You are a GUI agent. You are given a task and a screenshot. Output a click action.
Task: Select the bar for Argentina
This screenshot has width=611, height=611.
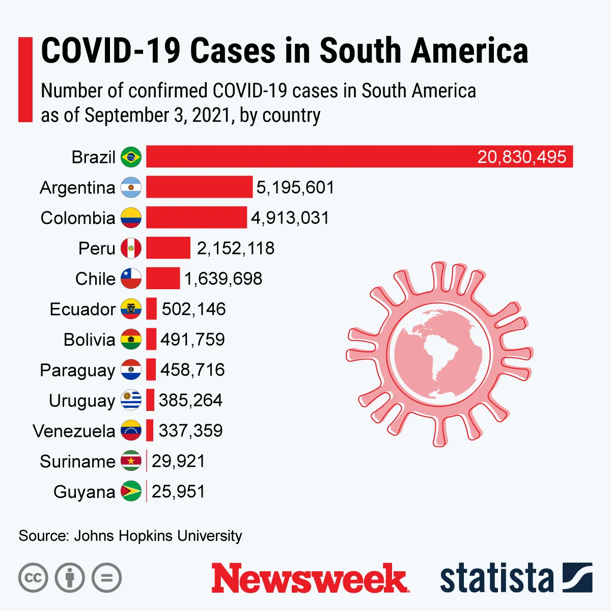199,187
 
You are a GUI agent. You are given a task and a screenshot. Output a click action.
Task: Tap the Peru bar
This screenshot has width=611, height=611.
168,248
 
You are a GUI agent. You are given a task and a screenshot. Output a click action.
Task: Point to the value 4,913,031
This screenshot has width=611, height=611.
290,218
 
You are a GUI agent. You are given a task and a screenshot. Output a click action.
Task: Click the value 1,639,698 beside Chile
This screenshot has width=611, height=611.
223,279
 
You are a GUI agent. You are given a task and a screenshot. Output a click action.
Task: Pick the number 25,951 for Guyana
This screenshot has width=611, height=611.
178,491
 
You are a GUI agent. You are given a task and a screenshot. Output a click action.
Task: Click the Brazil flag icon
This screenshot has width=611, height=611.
131,157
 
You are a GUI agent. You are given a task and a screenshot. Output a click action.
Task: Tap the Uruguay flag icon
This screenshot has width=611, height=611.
131,400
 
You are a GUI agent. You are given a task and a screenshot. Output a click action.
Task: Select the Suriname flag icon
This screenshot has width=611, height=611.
131,461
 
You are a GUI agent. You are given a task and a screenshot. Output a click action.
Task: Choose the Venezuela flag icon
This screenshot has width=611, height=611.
131,430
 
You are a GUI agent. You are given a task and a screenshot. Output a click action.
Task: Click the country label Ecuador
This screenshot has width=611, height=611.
82,309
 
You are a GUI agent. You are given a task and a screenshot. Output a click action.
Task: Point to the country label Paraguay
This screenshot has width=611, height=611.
77,370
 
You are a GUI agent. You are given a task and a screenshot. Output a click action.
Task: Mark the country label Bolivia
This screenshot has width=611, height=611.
89,340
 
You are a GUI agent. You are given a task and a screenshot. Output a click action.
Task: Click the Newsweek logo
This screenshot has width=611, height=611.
310,578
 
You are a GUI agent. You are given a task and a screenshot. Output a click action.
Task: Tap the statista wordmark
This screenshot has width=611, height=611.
496,578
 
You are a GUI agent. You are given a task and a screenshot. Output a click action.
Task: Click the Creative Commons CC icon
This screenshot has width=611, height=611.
33,578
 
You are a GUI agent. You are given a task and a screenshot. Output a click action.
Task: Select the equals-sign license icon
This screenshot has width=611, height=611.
107,578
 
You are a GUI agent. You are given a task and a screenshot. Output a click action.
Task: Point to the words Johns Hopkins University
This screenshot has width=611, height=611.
158,536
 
